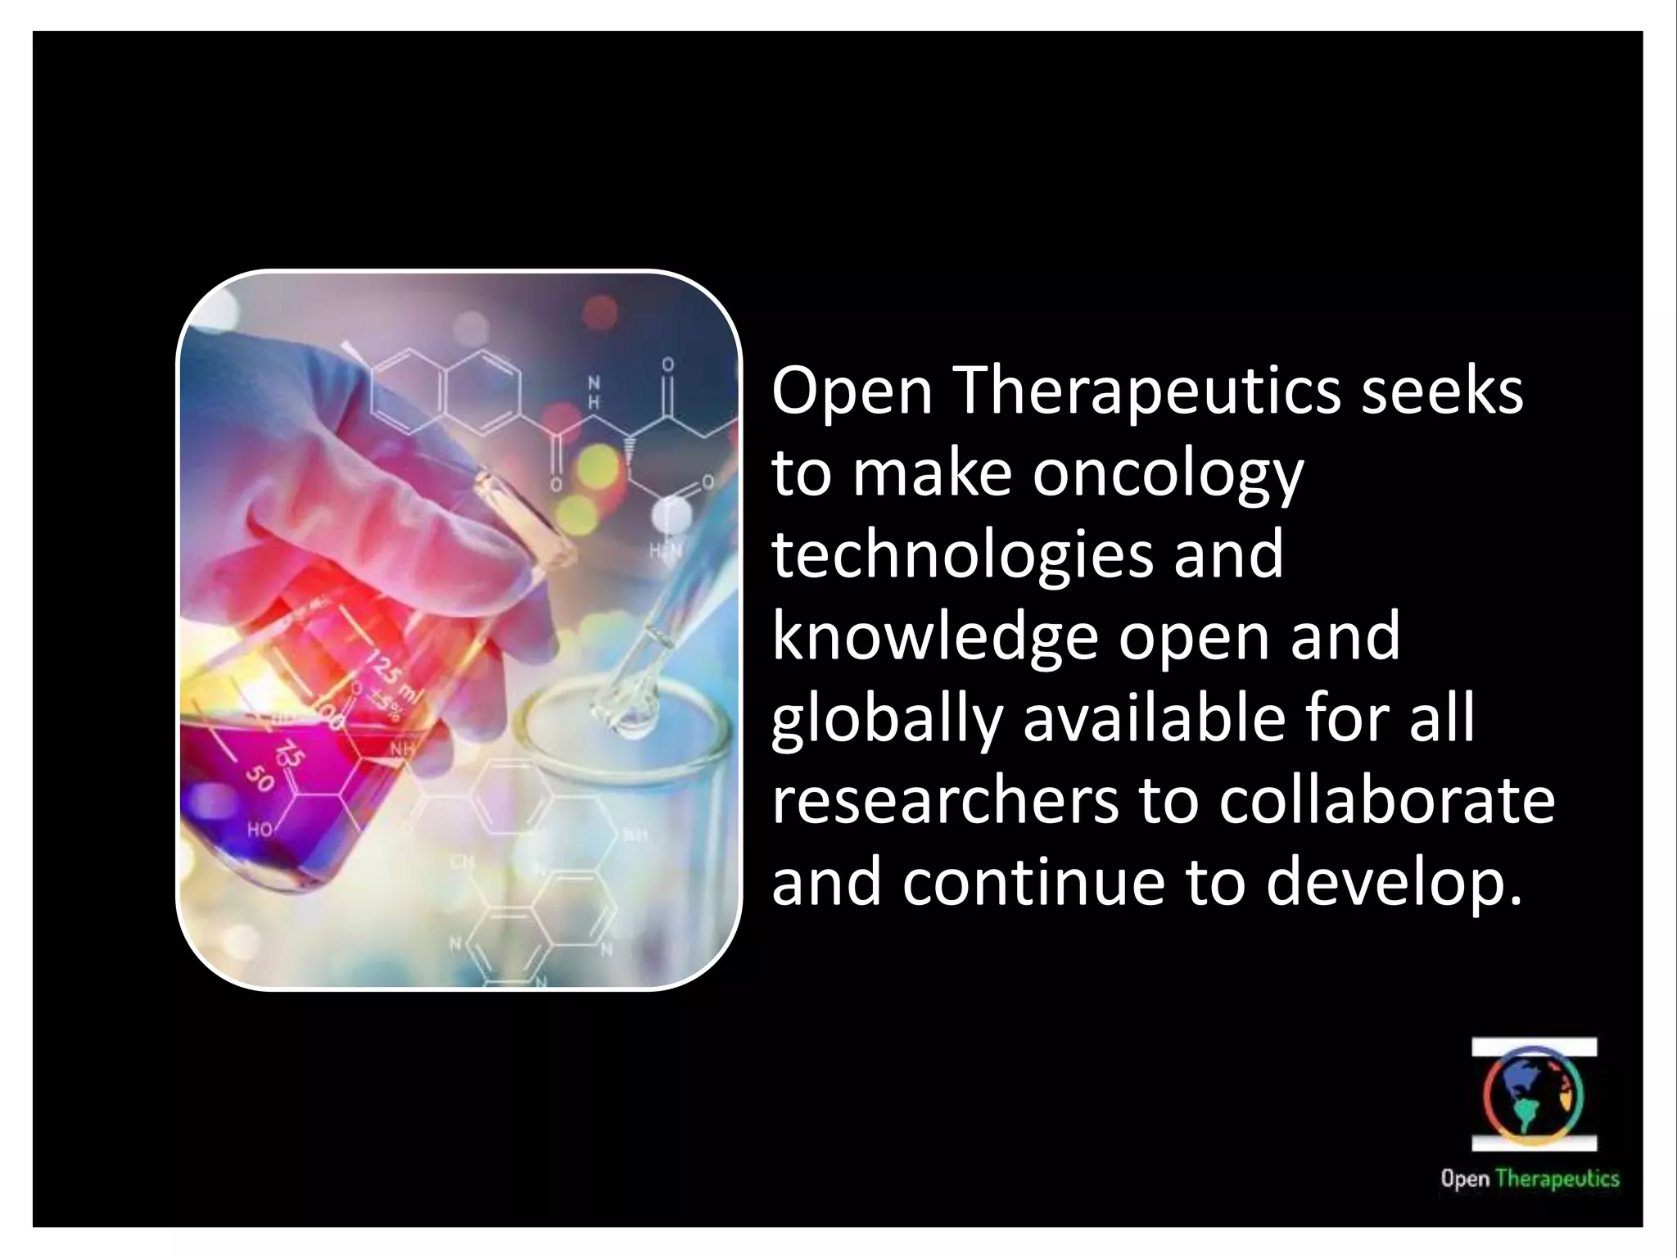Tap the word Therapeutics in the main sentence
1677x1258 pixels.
1147,391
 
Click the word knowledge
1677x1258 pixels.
933,637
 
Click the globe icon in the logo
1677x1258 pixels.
1534,1096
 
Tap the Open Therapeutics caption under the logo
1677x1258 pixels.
1530,1179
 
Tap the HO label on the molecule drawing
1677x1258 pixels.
260,830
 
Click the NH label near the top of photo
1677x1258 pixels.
595,392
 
